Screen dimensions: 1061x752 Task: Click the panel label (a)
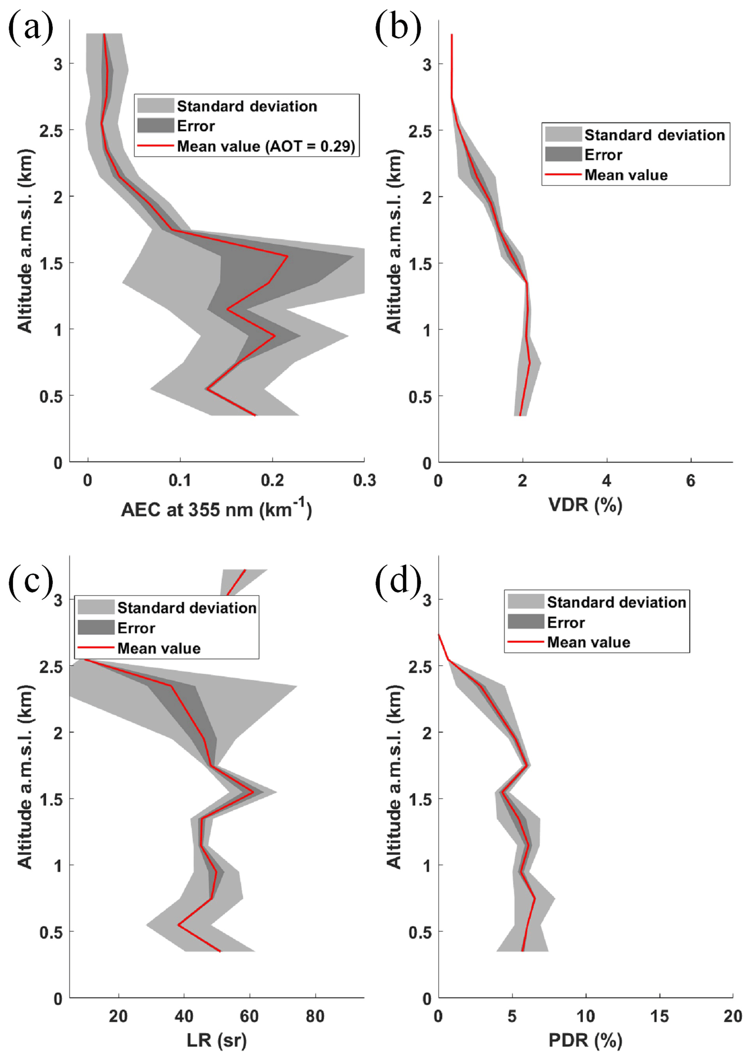click(31, 29)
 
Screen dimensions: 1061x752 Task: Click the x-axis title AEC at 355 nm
click(216, 509)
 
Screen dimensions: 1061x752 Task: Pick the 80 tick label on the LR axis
click(315, 1016)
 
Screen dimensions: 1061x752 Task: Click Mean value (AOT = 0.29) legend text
click(266, 146)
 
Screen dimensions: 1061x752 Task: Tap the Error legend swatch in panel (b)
click(563, 154)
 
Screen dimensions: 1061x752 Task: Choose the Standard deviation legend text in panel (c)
click(187, 607)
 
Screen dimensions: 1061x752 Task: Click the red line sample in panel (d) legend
click(525, 642)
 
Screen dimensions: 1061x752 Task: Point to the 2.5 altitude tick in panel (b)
click(420, 131)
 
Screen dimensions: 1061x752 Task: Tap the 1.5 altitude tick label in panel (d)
click(420, 799)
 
